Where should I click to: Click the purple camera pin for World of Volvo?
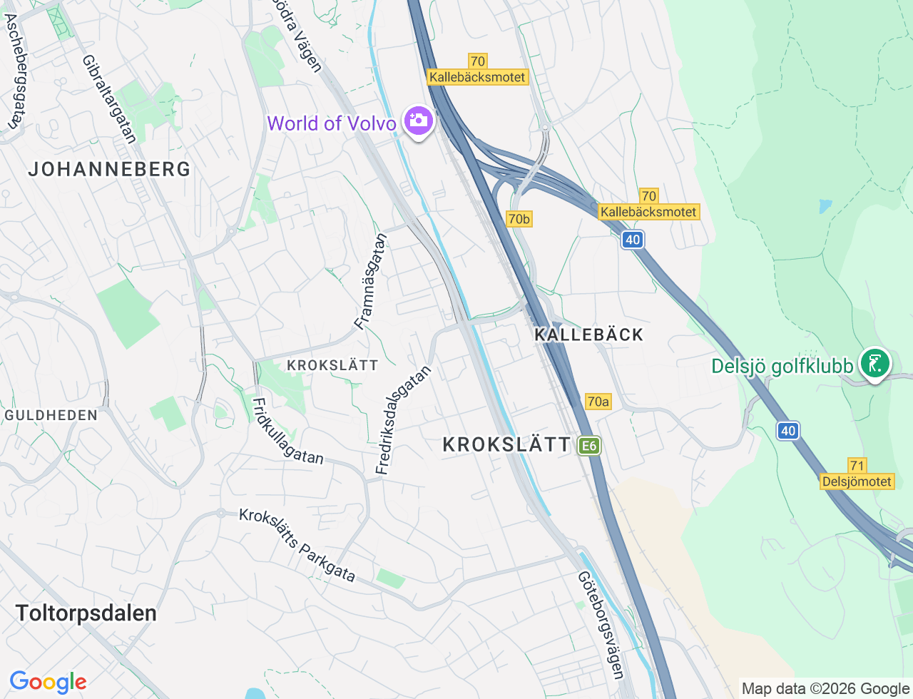pos(418,121)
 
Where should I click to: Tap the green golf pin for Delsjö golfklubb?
pos(874,364)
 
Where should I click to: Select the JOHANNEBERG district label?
pos(109,169)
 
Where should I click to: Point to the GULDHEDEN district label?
pos(51,415)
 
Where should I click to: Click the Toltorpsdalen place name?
pos(86,613)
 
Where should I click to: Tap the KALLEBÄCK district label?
pos(588,335)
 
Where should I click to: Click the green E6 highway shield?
pos(588,447)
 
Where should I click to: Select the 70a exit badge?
pos(598,402)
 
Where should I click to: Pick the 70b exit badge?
pos(519,219)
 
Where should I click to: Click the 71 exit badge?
pos(857,466)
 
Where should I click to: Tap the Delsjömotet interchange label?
pos(857,481)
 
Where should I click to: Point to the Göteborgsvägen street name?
pos(601,625)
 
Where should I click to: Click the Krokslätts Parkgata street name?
pos(297,544)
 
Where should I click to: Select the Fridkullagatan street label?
pos(287,431)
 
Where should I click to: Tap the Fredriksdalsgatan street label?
pos(404,420)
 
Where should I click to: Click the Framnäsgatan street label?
pos(371,282)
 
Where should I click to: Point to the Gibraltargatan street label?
pos(109,99)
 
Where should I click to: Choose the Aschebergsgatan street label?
pos(12,71)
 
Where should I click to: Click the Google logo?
pos(48,682)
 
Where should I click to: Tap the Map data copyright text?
pos(825,688)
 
